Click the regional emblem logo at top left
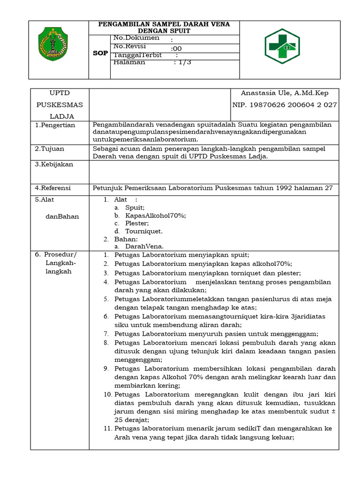tap(52, 43)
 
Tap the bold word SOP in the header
tap(99, 53)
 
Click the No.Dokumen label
tap(136, 38)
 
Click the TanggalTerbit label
tap(138, 55)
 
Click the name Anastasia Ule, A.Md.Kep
tap(284, 93)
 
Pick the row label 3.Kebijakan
tap(54, 165)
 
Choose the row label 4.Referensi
tap(53, 188)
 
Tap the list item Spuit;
tap(135, 207)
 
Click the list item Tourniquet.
tap(144, 231)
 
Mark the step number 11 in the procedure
tap(106, 428)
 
